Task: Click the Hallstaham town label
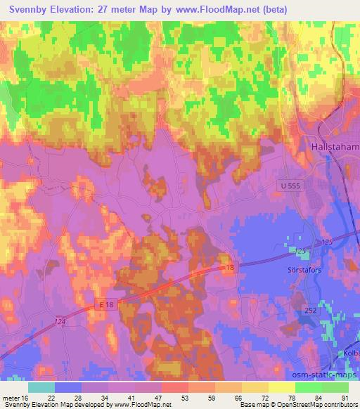[x=335, y=147]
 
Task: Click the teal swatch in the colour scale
[x=41, y=387]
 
